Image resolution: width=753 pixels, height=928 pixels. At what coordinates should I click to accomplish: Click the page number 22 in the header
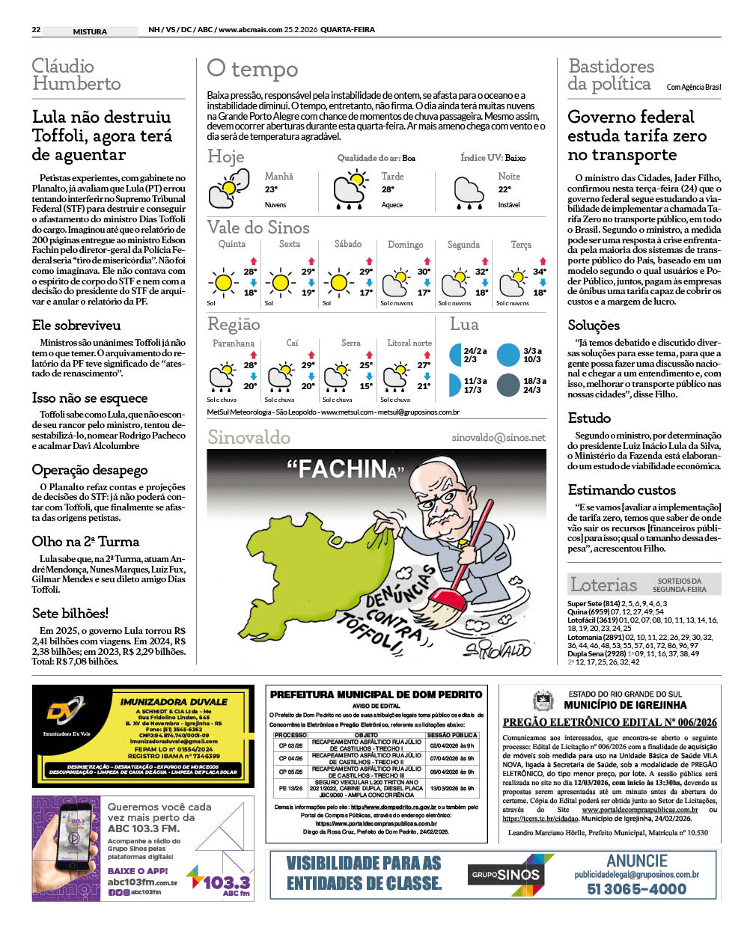(36, 31)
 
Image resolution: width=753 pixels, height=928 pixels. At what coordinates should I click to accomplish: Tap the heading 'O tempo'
(252, 70)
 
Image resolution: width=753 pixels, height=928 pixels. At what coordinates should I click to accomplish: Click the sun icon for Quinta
(223, 283)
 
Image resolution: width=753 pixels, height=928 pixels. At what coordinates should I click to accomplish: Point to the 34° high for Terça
(540, 272)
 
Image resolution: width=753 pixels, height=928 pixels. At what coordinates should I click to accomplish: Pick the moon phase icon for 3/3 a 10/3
(508, 355)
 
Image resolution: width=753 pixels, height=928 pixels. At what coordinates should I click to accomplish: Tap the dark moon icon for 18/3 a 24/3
(508, 385)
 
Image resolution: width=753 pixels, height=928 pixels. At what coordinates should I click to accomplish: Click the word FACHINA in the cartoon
(345, 470)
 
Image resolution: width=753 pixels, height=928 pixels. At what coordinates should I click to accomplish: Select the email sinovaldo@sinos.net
(499, 438)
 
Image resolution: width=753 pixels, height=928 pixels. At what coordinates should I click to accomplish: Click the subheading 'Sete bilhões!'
(70, 613)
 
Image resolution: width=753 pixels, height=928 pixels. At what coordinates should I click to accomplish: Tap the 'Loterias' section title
(604, 584)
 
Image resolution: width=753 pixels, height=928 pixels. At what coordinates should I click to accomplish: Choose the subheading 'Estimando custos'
(622, 489)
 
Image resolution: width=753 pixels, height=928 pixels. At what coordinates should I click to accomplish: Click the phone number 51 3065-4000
(636, 889)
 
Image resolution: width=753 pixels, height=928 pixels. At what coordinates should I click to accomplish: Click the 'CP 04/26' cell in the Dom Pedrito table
(290, 759)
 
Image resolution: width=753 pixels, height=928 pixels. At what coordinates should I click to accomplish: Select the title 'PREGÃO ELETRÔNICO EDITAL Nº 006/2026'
(609, 722)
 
